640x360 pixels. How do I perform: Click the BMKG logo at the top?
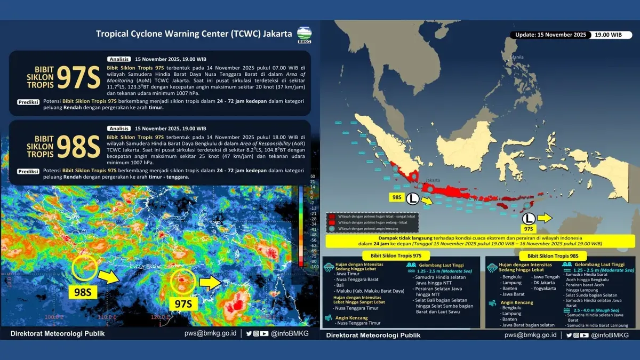(305, 34)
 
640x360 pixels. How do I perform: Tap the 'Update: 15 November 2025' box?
(549, 35)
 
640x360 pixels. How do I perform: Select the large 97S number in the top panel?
(78, 78)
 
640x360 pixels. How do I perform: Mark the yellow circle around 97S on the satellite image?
(185, 281)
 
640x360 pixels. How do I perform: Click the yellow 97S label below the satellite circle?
(183, 303)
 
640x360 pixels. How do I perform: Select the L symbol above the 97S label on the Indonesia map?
(528, 218)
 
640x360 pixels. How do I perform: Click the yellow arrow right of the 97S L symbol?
(545, 218)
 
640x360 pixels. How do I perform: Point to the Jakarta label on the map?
(433, 180)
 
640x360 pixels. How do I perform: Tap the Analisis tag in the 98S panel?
(119, 129)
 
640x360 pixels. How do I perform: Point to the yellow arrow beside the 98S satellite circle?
(109, 275)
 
